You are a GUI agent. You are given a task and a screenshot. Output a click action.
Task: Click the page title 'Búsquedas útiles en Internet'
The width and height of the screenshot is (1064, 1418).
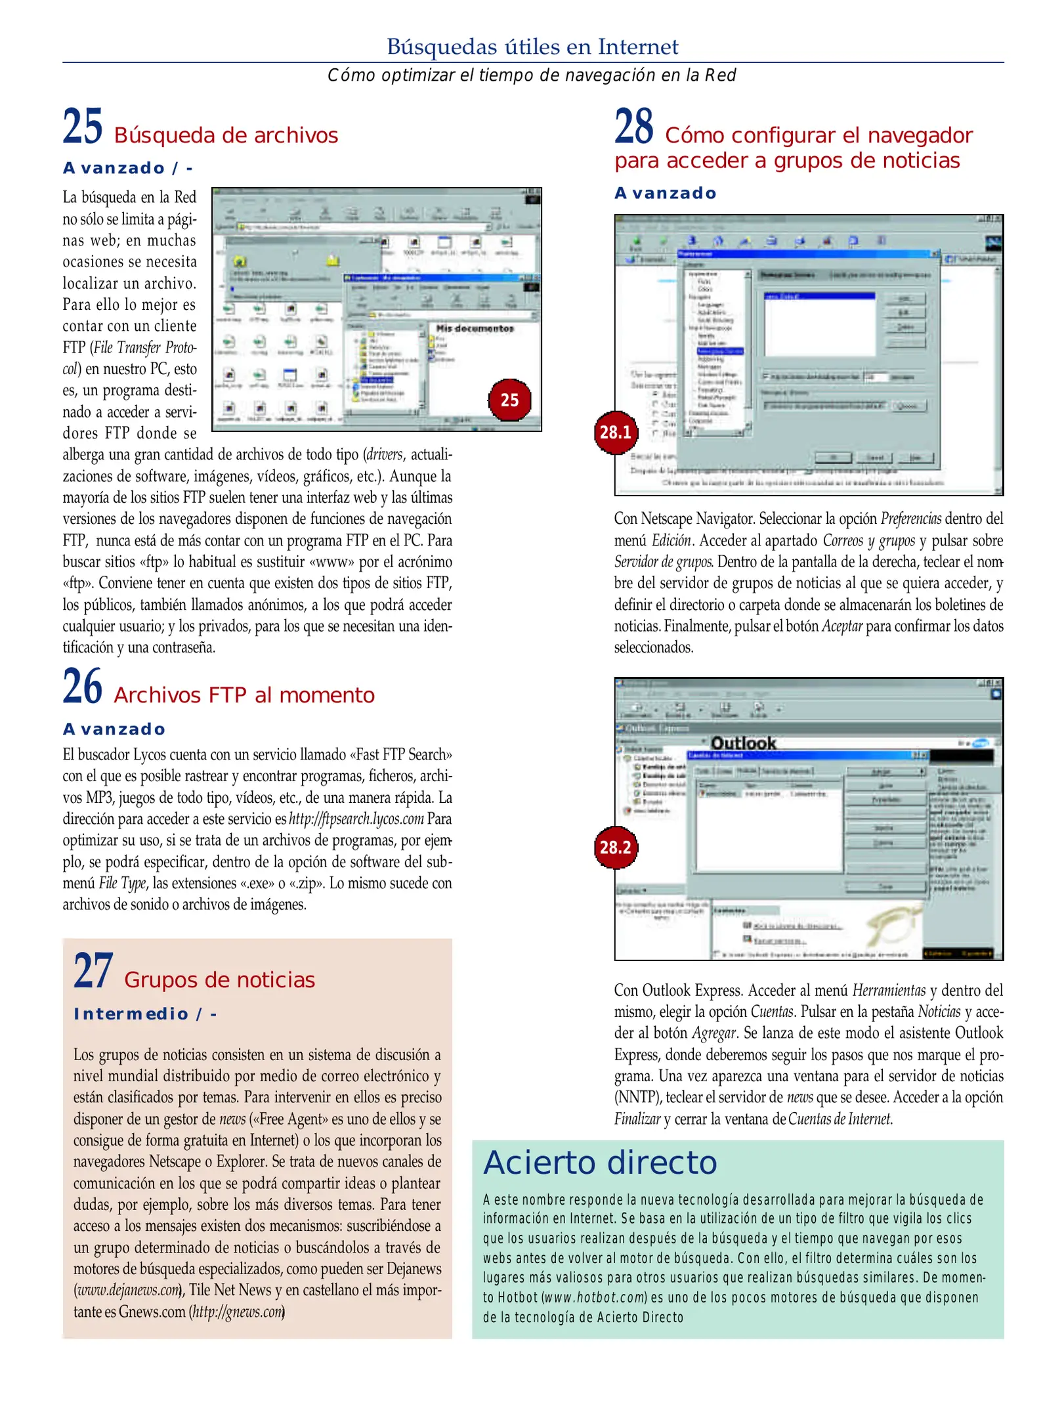coord(532,47)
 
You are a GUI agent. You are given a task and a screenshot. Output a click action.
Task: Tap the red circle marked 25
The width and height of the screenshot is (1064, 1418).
coord(509,400)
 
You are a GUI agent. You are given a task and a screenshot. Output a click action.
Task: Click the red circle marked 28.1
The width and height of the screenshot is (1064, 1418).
coord(615,432)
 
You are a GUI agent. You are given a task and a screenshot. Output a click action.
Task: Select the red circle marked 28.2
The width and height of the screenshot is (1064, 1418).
coord(615,847)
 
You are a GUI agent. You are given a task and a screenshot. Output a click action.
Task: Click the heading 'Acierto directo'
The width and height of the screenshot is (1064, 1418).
coord(600,1163)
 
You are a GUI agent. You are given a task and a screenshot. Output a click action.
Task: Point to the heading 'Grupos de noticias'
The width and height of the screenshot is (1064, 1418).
coord(219,980)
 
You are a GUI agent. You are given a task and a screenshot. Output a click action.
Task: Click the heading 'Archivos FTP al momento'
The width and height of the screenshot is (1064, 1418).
coord(244,695)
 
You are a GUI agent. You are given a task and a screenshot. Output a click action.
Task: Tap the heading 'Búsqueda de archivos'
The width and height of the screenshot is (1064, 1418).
coord(226,135)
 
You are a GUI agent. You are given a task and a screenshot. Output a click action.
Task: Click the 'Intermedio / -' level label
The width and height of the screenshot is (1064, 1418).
coord(145,1014)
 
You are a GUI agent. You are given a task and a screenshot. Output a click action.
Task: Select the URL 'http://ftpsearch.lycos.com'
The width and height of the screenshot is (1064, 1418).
coord(356,819)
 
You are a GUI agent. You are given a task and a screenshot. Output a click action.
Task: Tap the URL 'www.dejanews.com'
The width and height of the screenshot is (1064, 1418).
coord(129,1290)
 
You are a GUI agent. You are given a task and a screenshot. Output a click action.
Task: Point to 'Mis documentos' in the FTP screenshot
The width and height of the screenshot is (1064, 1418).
coord(475,328)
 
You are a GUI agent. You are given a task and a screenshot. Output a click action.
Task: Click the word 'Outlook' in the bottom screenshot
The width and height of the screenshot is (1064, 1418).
coord(743,743)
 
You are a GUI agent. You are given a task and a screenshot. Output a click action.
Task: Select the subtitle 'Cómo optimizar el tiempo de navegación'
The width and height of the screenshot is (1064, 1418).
coord(532,75)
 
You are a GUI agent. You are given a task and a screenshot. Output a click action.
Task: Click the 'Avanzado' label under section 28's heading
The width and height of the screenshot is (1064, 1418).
coord(666,193)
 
